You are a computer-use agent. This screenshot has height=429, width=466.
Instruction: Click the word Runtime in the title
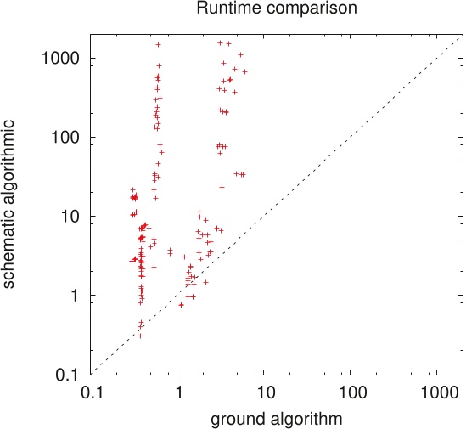(222, 9)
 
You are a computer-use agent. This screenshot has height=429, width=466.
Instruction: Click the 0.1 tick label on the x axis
(93, 394)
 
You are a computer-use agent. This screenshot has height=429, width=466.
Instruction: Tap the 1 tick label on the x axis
(178, 394)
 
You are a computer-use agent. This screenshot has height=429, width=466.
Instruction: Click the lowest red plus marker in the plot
(140, 336)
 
